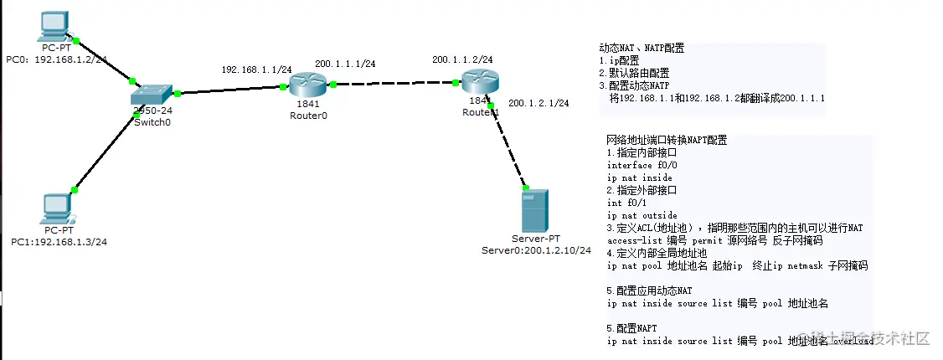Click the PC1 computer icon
coord(57,208)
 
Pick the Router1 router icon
coord(480,81)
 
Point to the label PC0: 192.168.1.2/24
coord(57,60)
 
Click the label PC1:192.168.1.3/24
coord(59,241)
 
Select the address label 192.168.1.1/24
coord(256,69)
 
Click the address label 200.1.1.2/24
coord(462,59)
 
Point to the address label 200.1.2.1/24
coord(538,103)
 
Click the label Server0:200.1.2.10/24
coord(536,250)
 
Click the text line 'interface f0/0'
coord(636,165)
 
